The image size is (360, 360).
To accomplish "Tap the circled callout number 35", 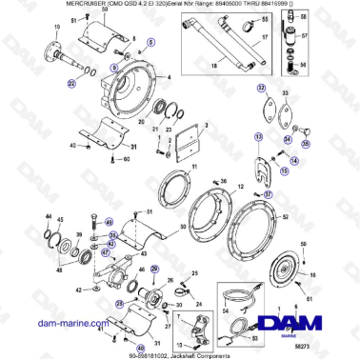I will point(306,143).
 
